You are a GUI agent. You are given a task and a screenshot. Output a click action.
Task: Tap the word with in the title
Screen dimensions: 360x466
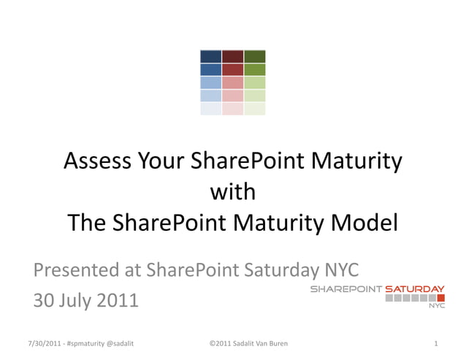tap(232, 192)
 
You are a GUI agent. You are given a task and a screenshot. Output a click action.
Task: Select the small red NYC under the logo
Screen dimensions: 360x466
tap(436, 306)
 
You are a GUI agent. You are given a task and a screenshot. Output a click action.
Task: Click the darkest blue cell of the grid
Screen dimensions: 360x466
tap(210, 56)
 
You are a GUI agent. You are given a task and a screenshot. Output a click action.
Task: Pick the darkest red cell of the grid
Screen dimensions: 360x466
tap(232, 56)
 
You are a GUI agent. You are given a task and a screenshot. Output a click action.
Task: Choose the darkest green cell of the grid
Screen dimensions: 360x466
tap(254, 56)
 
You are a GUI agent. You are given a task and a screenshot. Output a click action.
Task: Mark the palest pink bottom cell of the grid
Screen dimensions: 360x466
tap(232, 109)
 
